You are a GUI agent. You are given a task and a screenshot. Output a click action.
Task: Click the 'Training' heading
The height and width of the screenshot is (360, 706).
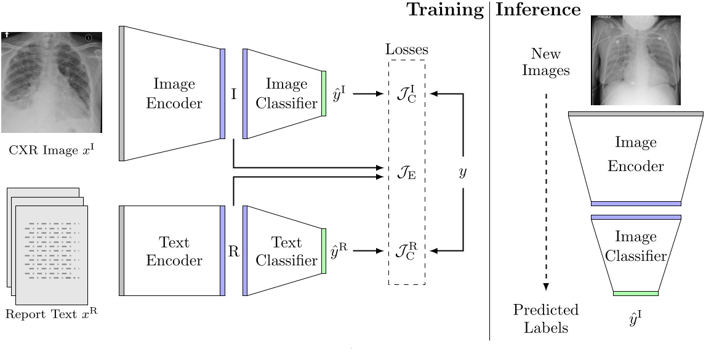click(444, 9)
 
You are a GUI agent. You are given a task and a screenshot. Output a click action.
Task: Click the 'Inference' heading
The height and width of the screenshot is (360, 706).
click(538, 9)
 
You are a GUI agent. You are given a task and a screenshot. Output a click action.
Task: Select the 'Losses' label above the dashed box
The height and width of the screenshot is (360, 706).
click(406, 50)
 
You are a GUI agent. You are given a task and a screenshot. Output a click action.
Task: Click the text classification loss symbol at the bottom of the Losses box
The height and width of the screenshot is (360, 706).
click(406, 251)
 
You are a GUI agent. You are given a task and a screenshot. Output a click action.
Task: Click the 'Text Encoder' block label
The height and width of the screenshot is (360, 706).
click(174, 251)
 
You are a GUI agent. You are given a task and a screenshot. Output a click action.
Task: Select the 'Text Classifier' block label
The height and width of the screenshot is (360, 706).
click(286, 251)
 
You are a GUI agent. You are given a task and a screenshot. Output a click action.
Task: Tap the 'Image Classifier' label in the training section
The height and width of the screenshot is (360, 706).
click(286, 94)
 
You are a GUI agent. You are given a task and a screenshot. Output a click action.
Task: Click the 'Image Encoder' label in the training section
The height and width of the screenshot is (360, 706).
click(174, 94)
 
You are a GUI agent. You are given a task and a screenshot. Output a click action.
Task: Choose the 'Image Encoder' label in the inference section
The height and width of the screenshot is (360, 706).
click(636, 154)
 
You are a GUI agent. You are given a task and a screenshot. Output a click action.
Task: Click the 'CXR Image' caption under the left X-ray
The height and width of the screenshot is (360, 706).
click(52, 148)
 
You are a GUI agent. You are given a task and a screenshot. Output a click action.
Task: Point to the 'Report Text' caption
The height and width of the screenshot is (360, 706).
click(52, 314)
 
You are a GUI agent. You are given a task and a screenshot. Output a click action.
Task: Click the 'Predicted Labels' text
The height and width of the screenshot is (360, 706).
click(547, 318)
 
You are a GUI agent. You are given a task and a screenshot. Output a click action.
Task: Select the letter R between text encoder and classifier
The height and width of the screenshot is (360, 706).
click(234, 251)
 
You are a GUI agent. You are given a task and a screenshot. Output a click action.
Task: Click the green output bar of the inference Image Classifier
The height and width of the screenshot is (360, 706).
click(636, 294)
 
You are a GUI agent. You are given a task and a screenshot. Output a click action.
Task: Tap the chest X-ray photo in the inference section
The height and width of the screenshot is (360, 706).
click(636, 60)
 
